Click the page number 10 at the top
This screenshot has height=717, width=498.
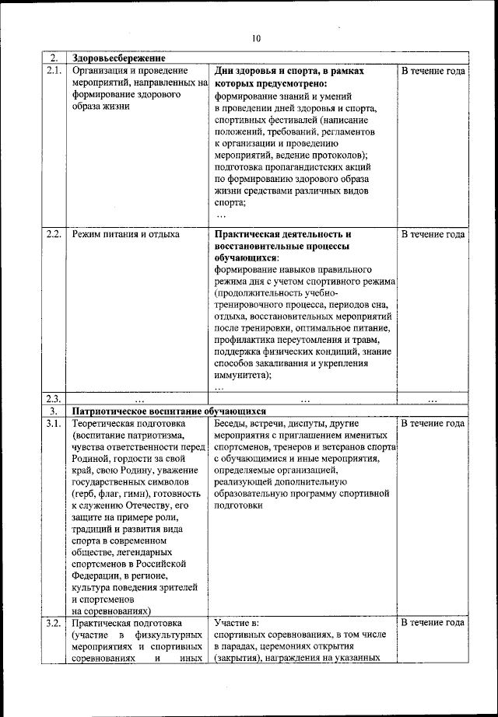tap(257, 37)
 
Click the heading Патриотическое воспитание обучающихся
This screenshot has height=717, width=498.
tap(169, 411)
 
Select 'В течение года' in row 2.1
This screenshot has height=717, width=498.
tap(433, 71)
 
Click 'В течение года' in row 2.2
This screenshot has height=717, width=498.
tap(433, 234)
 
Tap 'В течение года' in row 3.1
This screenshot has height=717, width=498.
tap(433, 424)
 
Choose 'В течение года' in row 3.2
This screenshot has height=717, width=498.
tap(433, 623)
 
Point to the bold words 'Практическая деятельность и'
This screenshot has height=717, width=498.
tap(282, 234)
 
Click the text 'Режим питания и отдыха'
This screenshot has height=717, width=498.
tap(125, 234)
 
